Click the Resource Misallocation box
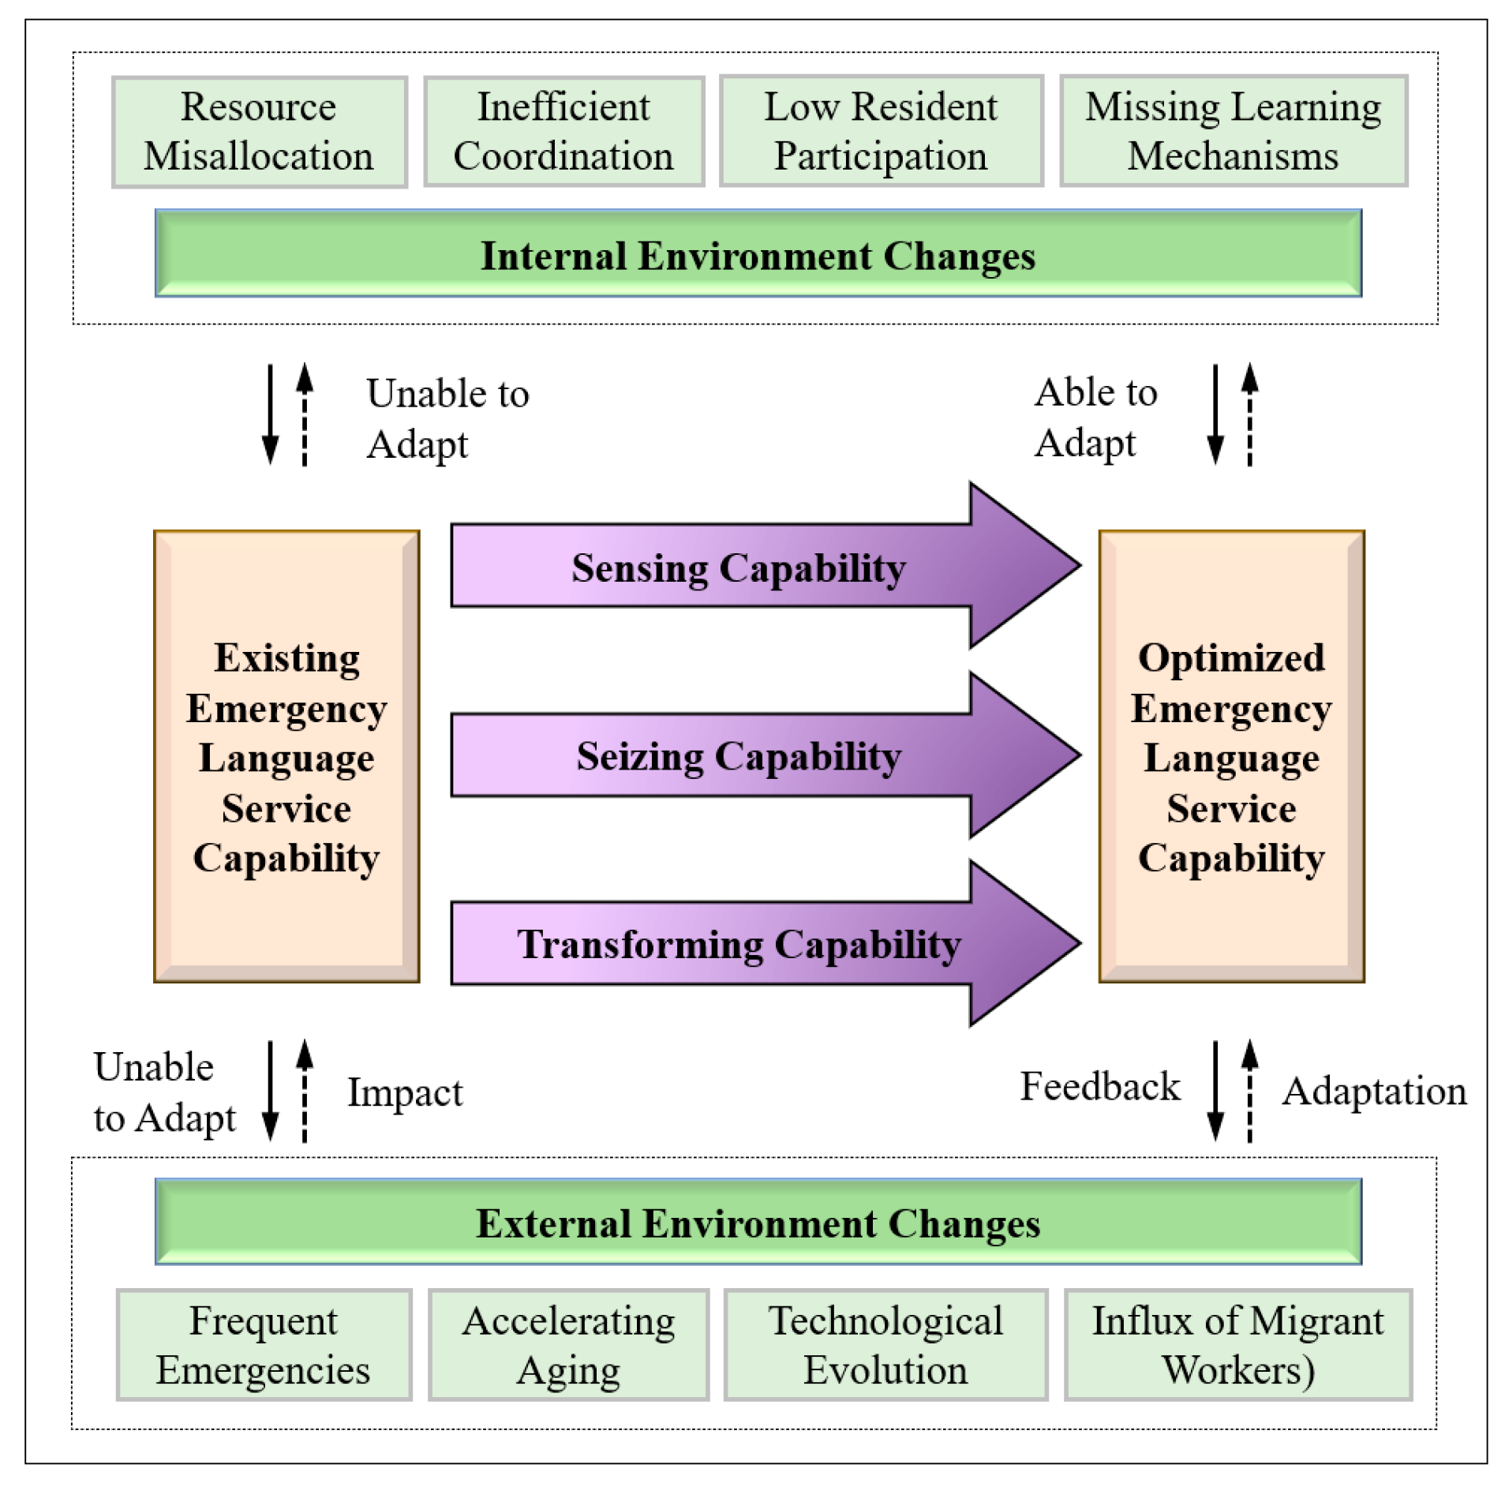pos(259,132)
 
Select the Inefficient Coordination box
pos(563,132)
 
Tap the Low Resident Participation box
pos(881,132)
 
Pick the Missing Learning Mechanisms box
pos(1233,132)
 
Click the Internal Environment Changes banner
pos(758,254)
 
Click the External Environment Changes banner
pos(758,1223)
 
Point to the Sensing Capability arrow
pos(739,567)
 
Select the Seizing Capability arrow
pos(739,755)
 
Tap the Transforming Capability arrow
pos(739,943)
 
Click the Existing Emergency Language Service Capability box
pos(286,756)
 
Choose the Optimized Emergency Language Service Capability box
pos(1231,756)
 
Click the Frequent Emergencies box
pos(264,1345)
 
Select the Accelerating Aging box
pos(568,1345)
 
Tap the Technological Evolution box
pos(885,1345)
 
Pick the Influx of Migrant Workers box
pos(1237,1345)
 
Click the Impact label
pos(405,1093)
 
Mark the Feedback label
pos(1100,1087)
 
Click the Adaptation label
pos(1373,1092)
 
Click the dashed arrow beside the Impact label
pos(305,1091)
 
